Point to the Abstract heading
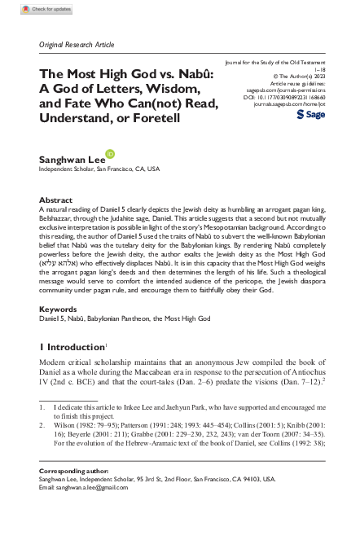click(55, 200)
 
